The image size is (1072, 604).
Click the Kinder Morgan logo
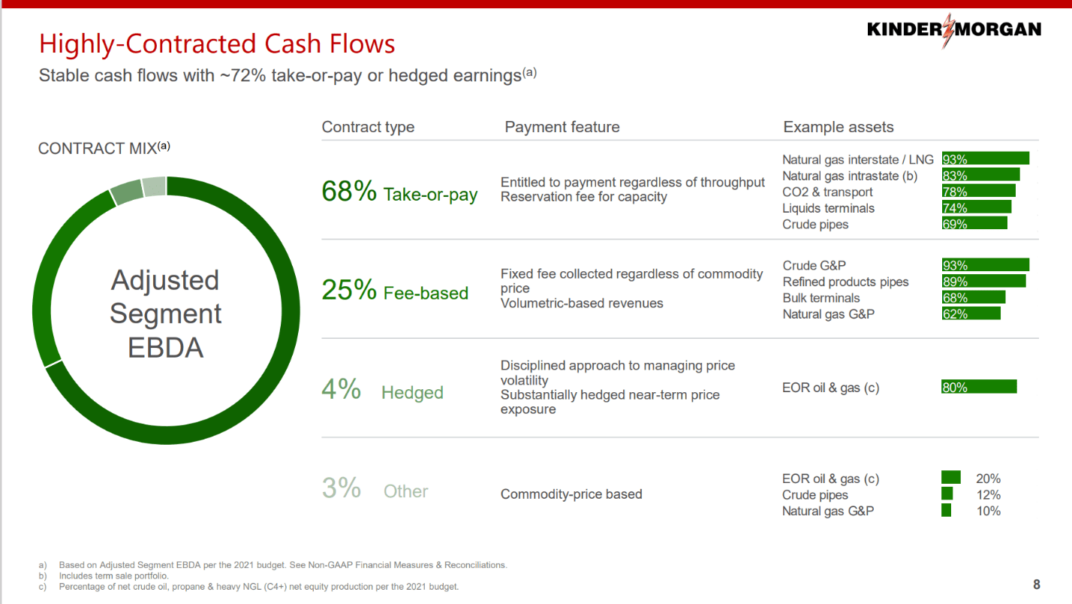[x=953, y=30]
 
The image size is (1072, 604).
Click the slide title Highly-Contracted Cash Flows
[x=217, y=44]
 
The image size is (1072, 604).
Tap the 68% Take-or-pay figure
[x=348, y=192]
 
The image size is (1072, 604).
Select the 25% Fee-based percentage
[x=348, y=290]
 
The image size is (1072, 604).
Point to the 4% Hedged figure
[x=342, y=390]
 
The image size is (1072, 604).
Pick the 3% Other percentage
[x=342, y=488]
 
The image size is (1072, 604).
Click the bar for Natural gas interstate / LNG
[x=985, y=159]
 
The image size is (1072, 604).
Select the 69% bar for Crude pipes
[x=974, y=224]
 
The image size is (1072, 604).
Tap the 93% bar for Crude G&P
[x=985, y=265]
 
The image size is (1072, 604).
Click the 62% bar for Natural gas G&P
[x=971, y=314]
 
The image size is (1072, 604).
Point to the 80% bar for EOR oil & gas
[x=979, y=387]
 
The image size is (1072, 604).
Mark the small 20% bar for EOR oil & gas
[x=950, y=478]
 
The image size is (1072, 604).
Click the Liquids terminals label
[x=828, y=208]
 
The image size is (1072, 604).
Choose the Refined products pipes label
[x=845, y=282]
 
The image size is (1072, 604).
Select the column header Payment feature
[x=562, y=127]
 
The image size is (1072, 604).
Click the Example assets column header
[x=839, y=127]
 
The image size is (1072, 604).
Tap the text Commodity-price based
[x=571, y=494]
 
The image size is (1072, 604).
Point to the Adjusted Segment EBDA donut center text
[x=165, y=314]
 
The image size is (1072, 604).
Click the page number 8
[x=1037, y=584]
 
